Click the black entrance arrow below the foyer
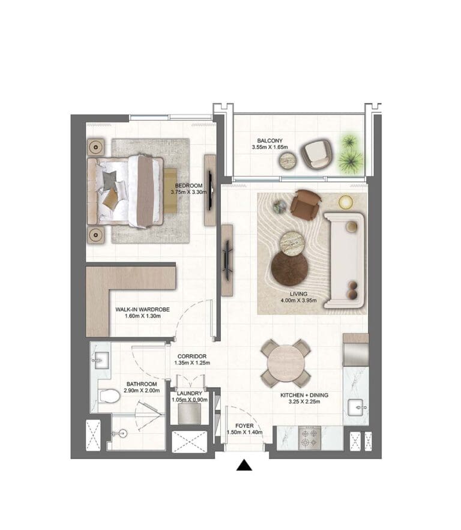coord(244,465)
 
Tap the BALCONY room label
coord(270,140)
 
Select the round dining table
coord(286,363)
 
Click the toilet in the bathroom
coord(109,396)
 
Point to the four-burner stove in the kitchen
coord(310,438)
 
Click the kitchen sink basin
coord(355,407)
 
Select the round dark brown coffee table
coord(289,268)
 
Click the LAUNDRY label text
coord(189,393)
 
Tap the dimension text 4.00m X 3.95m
coord(298,301)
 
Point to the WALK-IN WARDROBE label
coord(143,310)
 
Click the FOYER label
coord(244,426)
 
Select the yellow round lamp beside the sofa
coord(346,202)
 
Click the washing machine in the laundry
coord(189,414)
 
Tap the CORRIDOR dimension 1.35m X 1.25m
coord(192,363)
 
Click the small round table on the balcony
coord(288,161)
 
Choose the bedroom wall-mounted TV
coord(210,191)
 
